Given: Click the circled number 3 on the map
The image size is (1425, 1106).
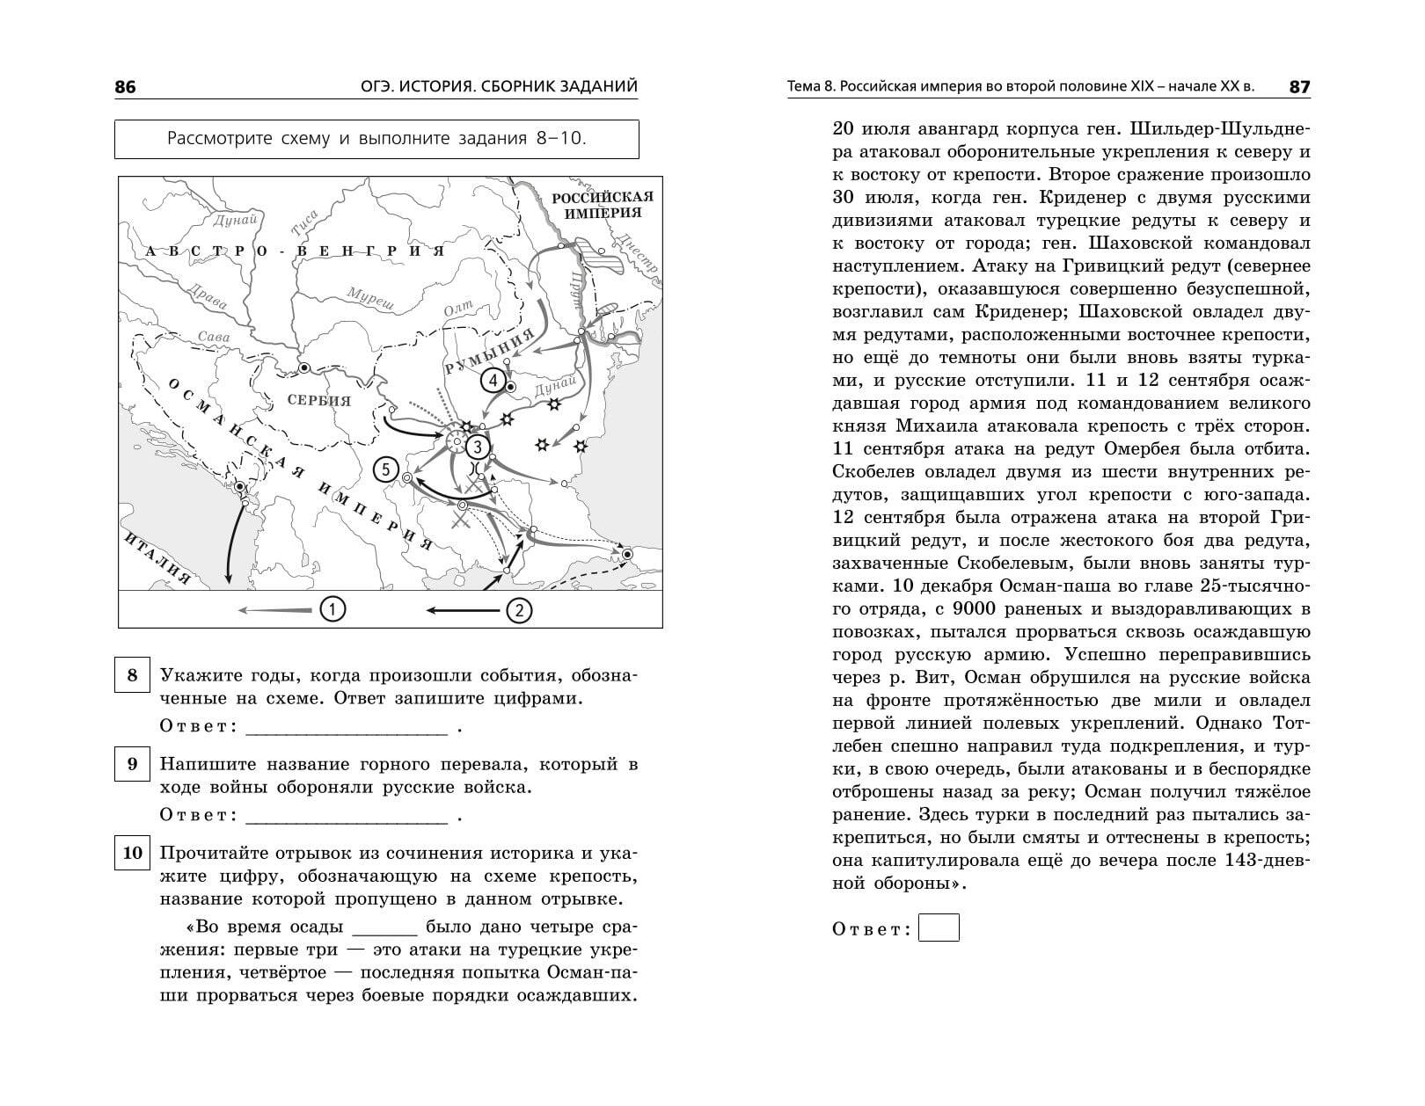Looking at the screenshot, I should point(477,447).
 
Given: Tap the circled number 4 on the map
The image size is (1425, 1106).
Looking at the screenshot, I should point(493,381).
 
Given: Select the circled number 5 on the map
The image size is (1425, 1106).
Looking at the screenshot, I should point(385,469).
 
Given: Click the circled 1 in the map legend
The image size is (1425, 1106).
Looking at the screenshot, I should point(332,608).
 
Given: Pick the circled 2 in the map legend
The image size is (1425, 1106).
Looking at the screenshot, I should point(519,609).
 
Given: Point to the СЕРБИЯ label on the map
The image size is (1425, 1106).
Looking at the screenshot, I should point(319,401).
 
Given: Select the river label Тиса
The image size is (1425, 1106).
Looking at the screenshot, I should point(304,225).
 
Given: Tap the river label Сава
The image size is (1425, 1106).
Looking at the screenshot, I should point(214,337).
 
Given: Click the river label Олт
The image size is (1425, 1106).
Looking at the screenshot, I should point(458,310).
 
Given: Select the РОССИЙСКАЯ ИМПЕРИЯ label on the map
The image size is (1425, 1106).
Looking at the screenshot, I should point(603,205).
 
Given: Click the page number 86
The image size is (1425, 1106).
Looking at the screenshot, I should point(126,87).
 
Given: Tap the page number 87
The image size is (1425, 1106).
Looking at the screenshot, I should point(1299,87).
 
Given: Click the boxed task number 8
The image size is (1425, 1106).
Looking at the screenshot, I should point(132,675).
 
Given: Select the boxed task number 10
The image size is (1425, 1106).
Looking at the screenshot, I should point(132,853).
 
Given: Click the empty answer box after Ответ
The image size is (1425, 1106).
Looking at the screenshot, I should point(939,928).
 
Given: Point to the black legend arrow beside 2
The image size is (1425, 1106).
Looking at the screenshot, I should point(462,609).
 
